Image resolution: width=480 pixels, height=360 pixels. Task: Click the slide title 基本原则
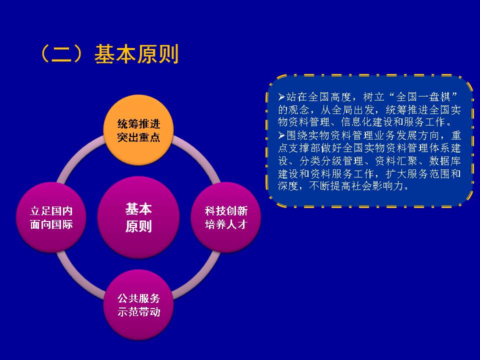[136, 54]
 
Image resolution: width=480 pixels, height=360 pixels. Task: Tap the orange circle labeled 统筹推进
[138, 130]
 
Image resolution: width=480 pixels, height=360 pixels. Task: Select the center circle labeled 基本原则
[138, 217]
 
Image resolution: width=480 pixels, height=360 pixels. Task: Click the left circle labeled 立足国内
[51, 217]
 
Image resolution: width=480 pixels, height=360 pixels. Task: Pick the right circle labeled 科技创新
[226, 217]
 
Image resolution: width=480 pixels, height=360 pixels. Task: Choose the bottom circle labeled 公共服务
[138, 305]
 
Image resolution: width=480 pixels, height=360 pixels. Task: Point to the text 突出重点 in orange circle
[138, 137]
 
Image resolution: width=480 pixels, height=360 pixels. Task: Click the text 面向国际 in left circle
[51, 224]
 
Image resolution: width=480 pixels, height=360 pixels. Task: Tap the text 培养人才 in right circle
[226, 224]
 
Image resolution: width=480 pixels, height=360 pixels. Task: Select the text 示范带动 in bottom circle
[138, 312]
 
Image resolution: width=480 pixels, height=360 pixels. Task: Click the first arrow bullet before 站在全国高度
[281, 97]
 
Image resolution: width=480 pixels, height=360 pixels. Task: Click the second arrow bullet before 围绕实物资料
[281, 135]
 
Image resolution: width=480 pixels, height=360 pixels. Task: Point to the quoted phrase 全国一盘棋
[423, 97]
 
